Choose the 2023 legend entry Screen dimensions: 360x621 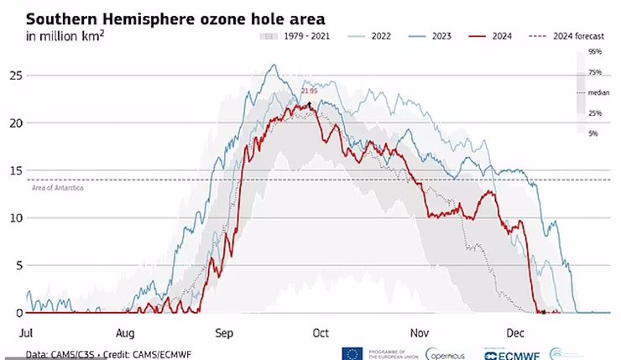432,37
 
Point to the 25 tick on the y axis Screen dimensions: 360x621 15,76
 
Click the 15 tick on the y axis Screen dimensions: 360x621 15,170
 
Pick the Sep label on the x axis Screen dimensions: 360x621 224,331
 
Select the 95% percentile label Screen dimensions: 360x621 595,52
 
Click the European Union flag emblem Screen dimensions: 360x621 351,353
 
